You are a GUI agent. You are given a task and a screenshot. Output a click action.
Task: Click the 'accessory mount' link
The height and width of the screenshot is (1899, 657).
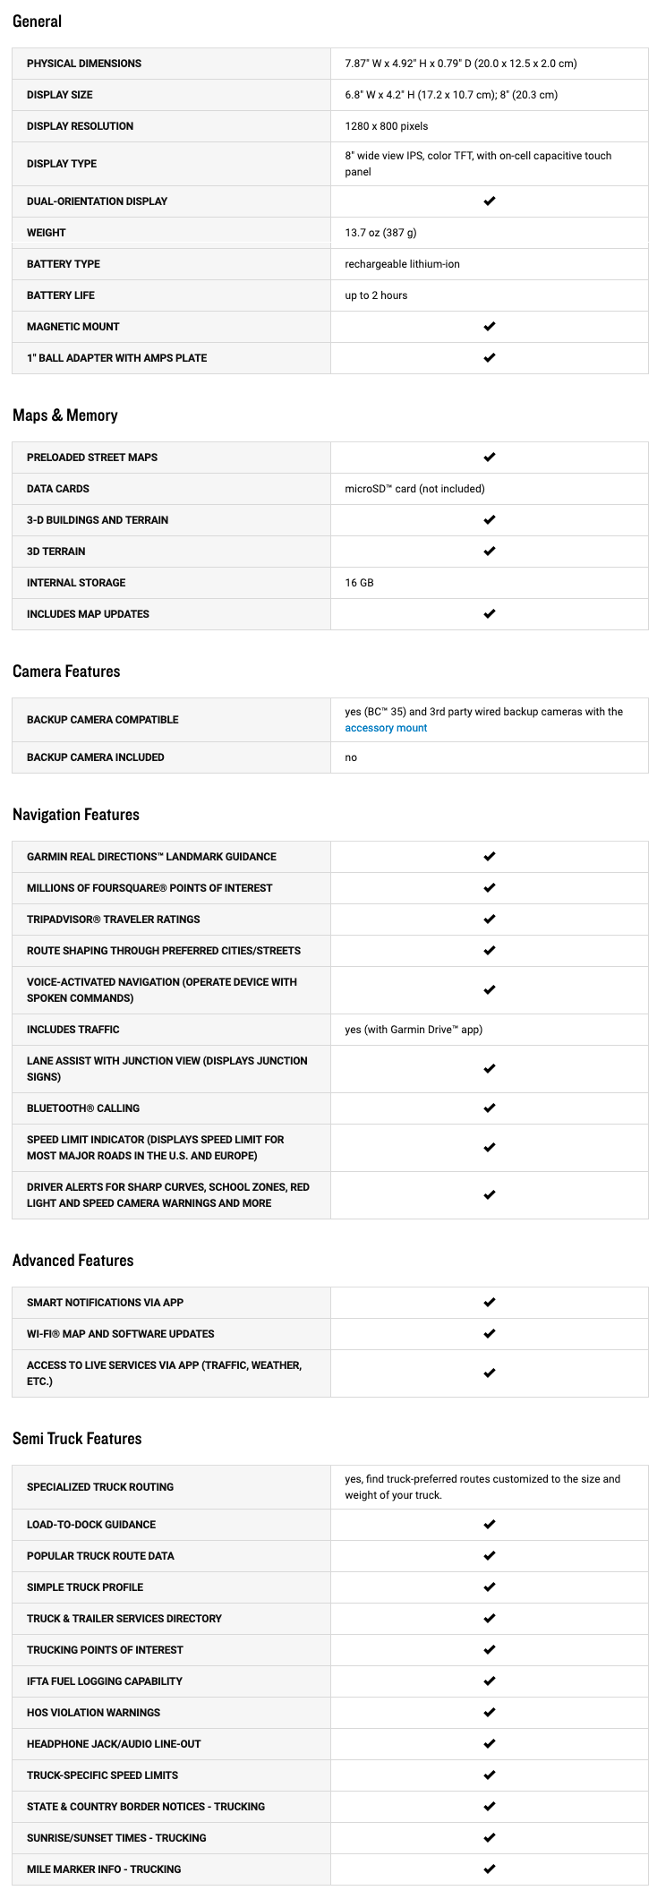[x=386, y=728]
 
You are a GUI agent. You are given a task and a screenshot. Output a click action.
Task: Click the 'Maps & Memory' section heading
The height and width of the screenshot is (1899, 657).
[x=65, y=415]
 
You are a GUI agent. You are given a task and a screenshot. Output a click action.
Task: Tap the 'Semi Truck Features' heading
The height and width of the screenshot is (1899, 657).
[x=77, y=1439]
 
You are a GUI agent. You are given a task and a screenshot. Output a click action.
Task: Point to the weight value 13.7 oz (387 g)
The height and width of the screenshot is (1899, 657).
[x=380, y=233]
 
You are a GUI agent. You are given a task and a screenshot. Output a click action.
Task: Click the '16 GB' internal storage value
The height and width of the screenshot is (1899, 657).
[x=359, y=583]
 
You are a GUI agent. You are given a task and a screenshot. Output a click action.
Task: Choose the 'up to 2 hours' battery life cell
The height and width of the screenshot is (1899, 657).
[x=376, y=295]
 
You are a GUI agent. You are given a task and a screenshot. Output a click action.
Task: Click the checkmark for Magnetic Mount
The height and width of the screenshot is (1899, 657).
[x=489, y=327]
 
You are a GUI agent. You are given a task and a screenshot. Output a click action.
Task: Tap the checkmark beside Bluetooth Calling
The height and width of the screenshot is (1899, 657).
[x=489, y=1108]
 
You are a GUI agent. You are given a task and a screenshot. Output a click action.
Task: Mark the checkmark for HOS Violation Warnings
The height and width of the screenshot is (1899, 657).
[x=489, y=1713]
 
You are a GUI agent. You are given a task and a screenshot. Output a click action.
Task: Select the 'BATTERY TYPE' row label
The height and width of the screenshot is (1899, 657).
[x=64, y=264]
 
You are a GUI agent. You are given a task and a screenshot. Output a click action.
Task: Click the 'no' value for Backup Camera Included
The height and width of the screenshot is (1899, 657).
[x=351, y=757]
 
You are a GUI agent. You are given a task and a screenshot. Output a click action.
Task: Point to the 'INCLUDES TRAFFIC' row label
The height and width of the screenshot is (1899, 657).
[x=73, y=1030]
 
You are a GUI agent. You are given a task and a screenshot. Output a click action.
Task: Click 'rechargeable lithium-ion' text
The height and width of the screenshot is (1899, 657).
[x=402, y=264]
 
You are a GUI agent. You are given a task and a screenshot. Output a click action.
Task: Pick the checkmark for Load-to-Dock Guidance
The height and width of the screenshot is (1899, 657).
[x=489, y=1525]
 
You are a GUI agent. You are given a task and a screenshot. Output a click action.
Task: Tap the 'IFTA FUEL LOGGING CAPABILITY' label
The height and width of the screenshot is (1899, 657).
[x=105, y=1681]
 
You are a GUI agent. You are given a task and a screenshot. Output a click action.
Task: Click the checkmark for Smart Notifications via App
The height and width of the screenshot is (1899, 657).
[x=489, y=1303]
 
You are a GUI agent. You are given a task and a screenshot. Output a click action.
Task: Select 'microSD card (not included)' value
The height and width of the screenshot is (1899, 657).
[x=414, y=489]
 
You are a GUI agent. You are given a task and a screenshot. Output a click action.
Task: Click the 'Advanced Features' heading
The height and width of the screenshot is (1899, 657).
[x=73, y=1261]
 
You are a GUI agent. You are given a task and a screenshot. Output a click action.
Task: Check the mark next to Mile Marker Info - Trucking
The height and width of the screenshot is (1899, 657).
[x=489, y=1869]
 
